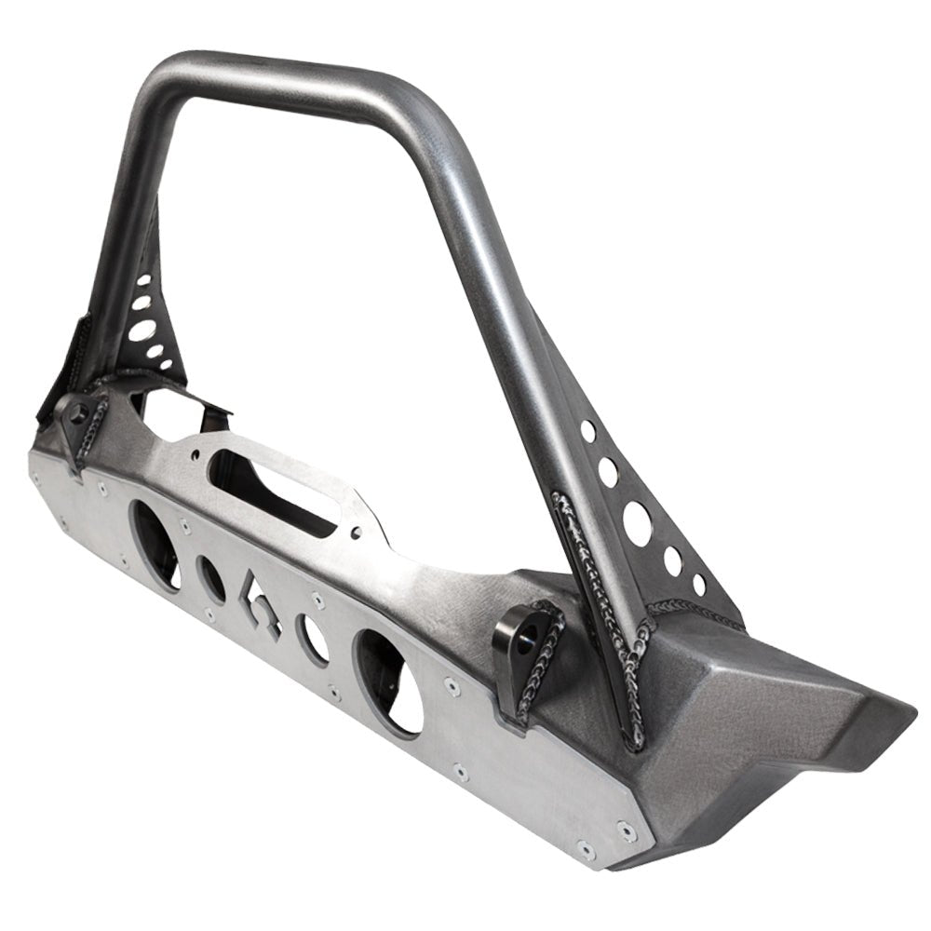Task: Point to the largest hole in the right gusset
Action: click(638, 523)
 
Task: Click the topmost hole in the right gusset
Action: click(587, 430)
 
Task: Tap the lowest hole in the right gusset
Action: click(699, 586)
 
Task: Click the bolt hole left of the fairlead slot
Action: click(196, 454)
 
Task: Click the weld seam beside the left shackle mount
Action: click(97, 438)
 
